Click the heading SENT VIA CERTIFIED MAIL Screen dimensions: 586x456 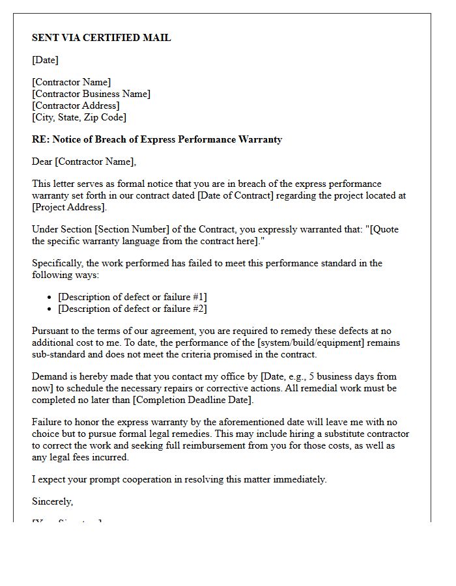coord(101,38)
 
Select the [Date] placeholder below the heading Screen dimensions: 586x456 coord(45,60)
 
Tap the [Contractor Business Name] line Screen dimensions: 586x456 coord(91,94)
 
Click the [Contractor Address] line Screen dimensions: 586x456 coord(76,105)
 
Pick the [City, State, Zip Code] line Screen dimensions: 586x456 coord(79,117)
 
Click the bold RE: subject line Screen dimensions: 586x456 coord(157,139)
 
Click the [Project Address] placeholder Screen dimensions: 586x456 coord(68,207)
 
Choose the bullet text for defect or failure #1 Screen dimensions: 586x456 coord(132,297)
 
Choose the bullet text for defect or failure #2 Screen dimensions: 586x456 coord(132,309)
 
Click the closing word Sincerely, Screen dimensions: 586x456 coord(52,501)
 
